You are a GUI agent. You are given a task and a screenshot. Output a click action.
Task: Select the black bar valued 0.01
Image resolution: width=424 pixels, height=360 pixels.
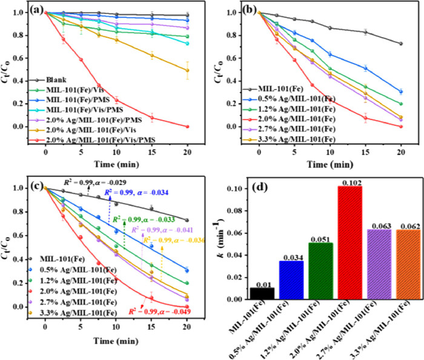point(262,293)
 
